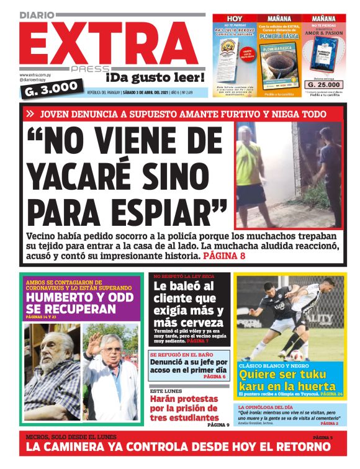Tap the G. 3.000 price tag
tap(52, 87)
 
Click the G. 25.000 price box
tap(323, 84)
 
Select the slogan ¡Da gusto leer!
tap(155, 78)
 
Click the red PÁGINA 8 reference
tap(224, 254)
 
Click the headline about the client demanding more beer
tap(189, 305)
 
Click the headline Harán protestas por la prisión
tap(184, 409)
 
